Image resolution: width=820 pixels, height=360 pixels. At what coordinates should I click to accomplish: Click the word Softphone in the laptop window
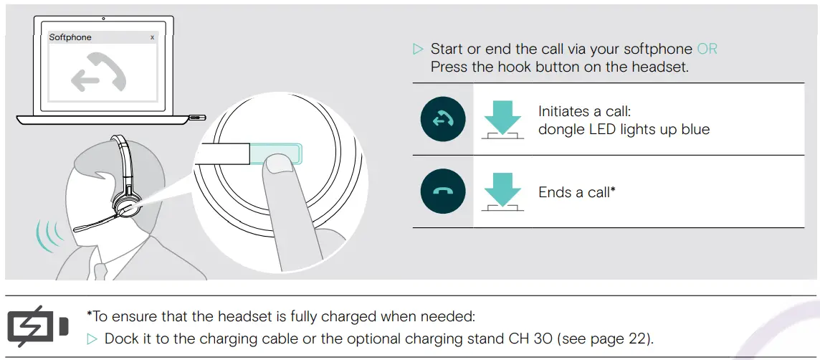pyautogui.click(x=70, y=37)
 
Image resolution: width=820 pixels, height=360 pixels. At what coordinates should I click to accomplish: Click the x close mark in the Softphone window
pyautogui.click(x=152, y=37)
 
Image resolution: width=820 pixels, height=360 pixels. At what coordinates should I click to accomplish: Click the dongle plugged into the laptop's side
pyautogui.click(x=197, y=116)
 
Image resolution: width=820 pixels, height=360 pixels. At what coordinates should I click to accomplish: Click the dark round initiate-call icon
pyautogui.click(x=442, y=120)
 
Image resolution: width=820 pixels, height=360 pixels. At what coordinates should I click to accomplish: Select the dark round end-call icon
pyautogui.click(x=442, y=192)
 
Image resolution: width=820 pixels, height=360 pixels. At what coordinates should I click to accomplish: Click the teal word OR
pyautogui.click(x=707, y=49)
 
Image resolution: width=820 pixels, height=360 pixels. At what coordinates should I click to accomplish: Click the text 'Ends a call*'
pyautogui.click(x=577, y=192)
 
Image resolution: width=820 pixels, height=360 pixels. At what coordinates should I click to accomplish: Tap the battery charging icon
pyautogui.click(x=38, y=326)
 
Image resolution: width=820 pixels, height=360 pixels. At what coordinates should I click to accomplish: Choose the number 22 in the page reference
pyautogui.click(x=640, y=338)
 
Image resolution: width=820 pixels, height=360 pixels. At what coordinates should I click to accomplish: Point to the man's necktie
pyautogui.click(x=101, y=271)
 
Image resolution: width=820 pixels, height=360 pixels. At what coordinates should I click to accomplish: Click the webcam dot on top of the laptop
pyautogui.click(x=104, y=18)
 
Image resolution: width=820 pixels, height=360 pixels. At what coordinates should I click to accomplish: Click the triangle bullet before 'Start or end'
pyautogui.click(x=419, y=49)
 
